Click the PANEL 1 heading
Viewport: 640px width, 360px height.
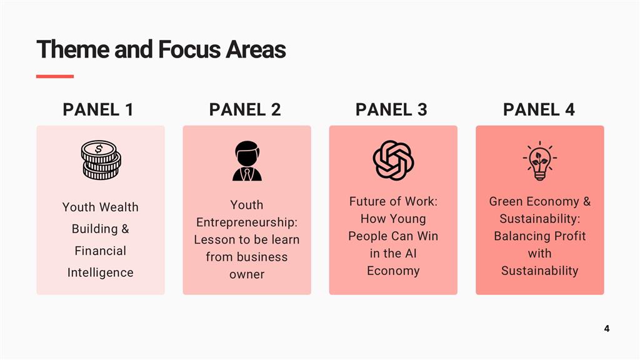(98, 109)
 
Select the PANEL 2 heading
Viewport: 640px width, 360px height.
(245, 109)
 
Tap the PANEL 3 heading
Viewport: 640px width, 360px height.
(391, 109)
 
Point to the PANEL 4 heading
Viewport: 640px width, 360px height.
(539, 109)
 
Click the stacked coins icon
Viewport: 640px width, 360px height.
(101, 160)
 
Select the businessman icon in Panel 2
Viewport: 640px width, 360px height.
(247, 161)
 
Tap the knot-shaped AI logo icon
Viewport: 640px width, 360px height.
(394, 161)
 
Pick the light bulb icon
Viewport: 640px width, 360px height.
(539, 161)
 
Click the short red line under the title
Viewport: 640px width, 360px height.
(55, 76)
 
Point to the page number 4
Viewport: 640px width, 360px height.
(607, 329)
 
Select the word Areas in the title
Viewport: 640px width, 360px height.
(256, 49)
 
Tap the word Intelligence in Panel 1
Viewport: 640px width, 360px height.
(101, 272)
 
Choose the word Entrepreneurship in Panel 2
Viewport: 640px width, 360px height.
(247, 222)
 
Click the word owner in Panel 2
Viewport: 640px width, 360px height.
(247, 274)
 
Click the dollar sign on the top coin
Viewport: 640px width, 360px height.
(99, 149)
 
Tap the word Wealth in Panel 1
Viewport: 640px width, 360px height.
(119, 207)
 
